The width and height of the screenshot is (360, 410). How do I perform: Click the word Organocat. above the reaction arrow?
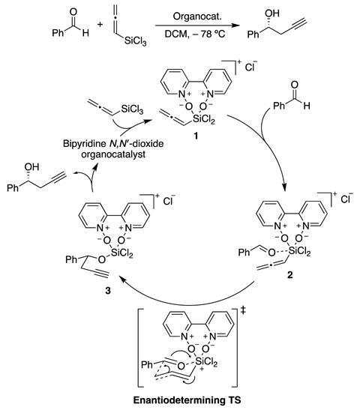(x=197, y=16)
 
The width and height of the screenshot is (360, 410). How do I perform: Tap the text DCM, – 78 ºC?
(x=195, y=34)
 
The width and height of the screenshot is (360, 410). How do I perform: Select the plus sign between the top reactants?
(x=100, y=24)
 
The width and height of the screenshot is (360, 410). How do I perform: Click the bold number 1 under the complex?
(x=195, y=136)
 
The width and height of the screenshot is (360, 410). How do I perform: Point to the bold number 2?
(x=290, y=275)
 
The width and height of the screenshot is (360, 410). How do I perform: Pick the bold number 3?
(x=108, y=290)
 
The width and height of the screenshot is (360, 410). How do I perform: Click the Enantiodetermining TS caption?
(x=187, y=400)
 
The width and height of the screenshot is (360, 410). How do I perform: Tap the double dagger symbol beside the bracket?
(x=243, y=310)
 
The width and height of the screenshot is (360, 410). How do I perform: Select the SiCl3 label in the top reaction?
(x=135, y=41)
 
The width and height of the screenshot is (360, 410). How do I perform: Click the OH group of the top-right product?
(x=272, y=13)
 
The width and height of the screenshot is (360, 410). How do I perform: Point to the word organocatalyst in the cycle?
(x=113, y=154)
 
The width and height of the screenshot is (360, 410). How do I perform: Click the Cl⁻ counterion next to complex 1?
(x=251, y=67)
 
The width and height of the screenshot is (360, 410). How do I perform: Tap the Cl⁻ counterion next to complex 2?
(x=347, y=199)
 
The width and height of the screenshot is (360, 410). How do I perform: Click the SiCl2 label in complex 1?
(x=203, y=119)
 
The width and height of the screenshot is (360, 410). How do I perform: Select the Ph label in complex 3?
(x=71, y=259)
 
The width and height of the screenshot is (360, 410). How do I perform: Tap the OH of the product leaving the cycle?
(x=31, y=167)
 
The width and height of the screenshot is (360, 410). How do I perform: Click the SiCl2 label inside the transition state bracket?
(x=206, y=362)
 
